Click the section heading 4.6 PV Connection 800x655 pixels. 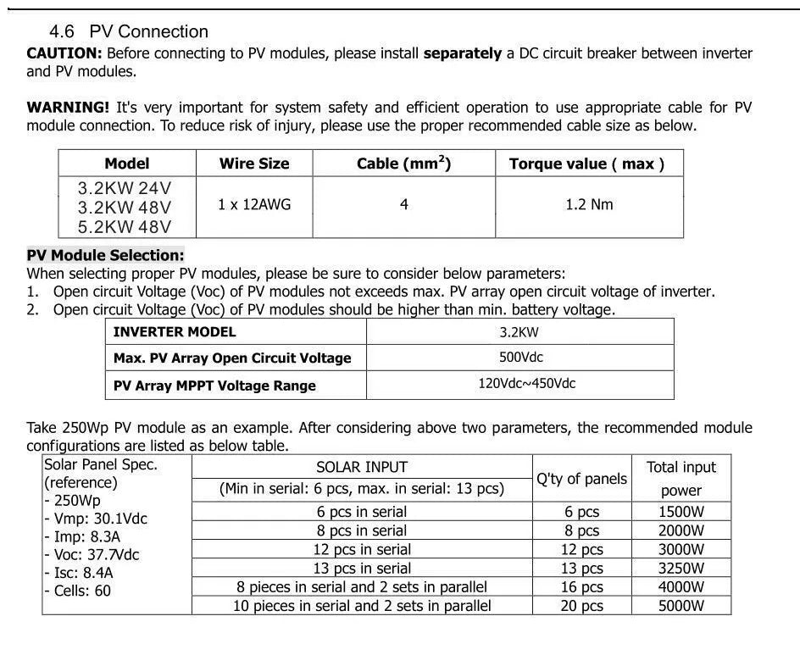[129, 32]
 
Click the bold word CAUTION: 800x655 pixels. [64, 53]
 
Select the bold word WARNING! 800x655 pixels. [68, 108]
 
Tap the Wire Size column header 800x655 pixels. [253, 164]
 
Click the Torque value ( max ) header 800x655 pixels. [586, 164]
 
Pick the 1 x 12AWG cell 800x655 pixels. [253, 205]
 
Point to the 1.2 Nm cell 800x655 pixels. [589, 205]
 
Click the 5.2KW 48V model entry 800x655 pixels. [125, 226]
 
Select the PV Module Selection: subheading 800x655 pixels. [105, 255]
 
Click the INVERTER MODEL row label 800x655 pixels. [175, 331]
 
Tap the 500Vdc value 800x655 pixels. [520, 358]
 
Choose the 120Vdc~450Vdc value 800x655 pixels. [526, 384]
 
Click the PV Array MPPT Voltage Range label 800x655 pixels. [214, 386]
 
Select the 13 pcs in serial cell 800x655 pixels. [362, 569]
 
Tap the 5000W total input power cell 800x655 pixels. [681, 606]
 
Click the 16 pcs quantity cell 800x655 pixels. [582, 587]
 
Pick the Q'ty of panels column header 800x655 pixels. [581, 479]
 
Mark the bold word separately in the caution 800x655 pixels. [463, 53]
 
